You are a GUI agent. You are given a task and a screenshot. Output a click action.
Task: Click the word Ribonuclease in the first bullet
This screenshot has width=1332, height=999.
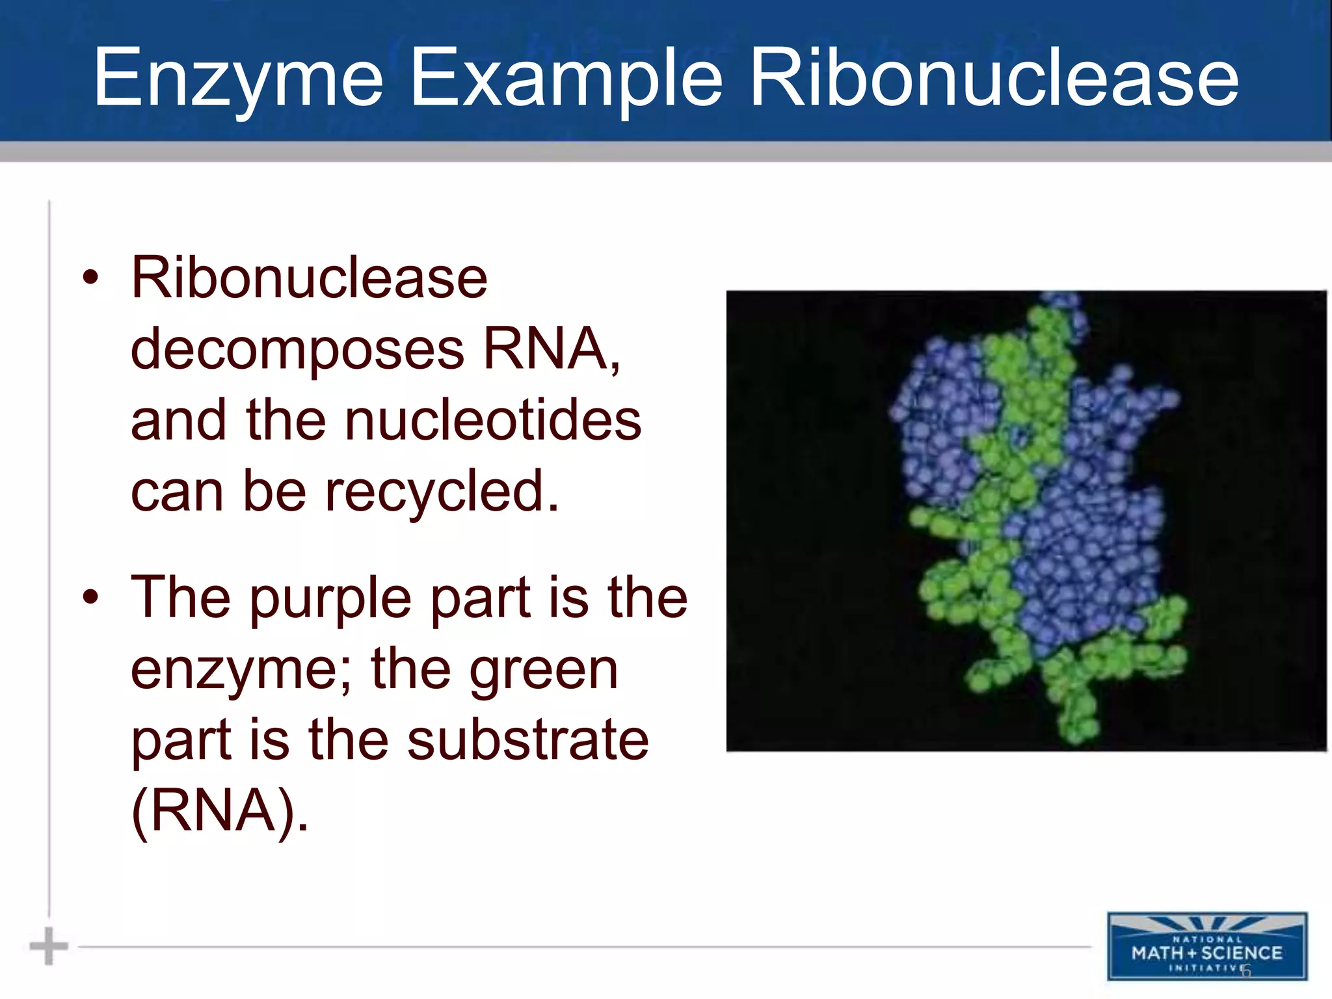[x=309, y=278]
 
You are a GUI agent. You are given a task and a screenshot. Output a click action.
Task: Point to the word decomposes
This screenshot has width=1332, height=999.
[x=297, y=349]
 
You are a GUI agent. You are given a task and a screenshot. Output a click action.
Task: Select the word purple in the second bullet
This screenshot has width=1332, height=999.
[x=330, y=598]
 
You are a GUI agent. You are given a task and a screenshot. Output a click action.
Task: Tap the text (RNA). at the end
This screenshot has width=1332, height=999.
[x=220, y=811]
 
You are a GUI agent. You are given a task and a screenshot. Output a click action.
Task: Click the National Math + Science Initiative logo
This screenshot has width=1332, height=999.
[x=1206, y=946]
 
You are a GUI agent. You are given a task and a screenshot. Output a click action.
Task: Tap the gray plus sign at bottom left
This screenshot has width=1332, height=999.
[x=49, y=946]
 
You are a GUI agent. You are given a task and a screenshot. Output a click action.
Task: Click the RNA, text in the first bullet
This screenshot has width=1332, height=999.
[x=551, y=349]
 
